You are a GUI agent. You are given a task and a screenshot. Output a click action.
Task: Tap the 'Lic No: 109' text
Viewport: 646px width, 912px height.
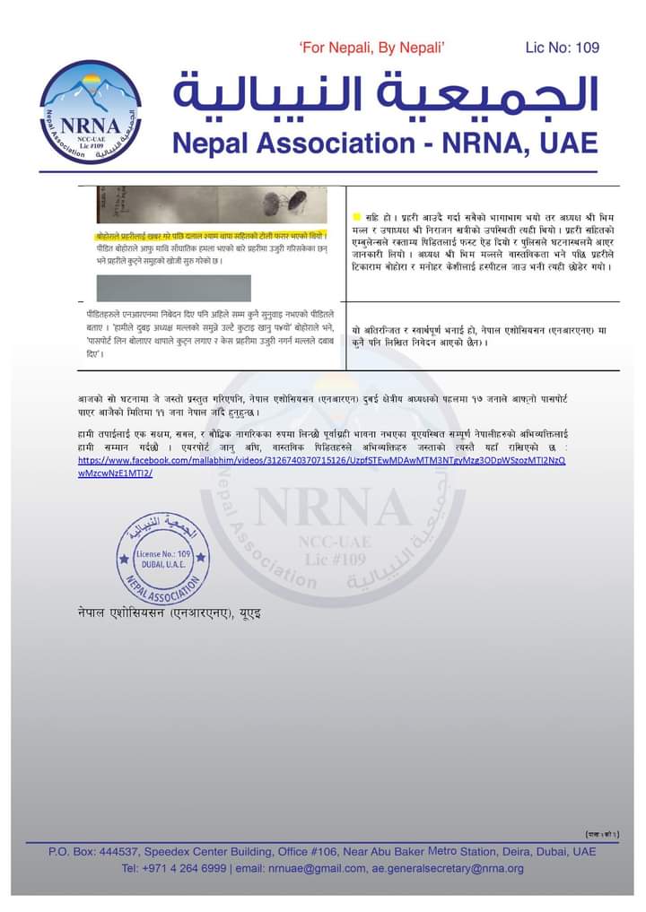pyautogui.click(x=562, y=48)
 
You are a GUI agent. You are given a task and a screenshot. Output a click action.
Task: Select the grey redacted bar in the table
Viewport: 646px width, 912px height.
pyautogui.click(x=174, y=287)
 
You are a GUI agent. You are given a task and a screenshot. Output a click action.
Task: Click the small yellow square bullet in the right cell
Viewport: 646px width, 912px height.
pyautogui.click(x=356, y=216)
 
